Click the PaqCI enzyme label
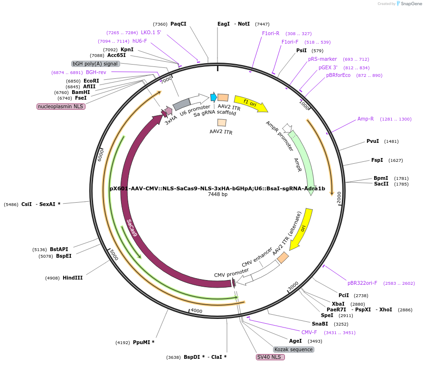pos(179,24)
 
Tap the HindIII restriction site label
pos(73,278)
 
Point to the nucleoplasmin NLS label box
pos(61,106)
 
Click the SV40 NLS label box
pos(270,357)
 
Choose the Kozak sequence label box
pos(293,349)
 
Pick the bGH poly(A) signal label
pos(95,64)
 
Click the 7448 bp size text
pos(217,195)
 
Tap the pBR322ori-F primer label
pos(362,283)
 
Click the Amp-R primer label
pos(366,119)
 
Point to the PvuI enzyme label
pos(373,141)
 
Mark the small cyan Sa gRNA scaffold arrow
pos(214,97)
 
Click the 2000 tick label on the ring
pos(339,198)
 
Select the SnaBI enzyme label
pos(320,324)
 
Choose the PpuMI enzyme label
pos(143,342)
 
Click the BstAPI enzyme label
pos(59,249)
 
